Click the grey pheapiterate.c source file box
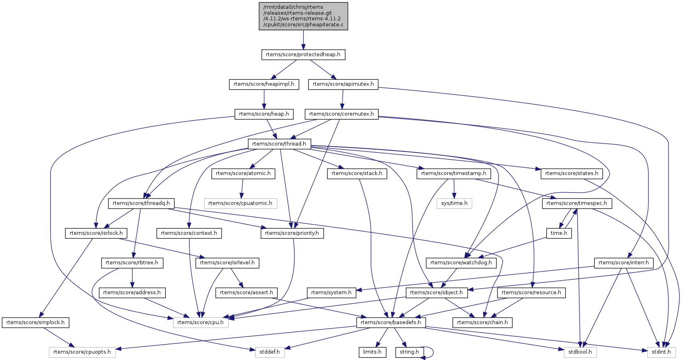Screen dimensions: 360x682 pyautogui.click(x=303, y=16)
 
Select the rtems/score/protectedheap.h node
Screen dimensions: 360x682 pyautogui.click(x=303, y=55)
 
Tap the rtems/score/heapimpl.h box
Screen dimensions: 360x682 pyautogui.click(x=263, y=84)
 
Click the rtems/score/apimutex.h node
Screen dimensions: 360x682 pyautogui.click(x=343, y=84)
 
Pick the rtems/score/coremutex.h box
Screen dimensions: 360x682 pyautogui.click(x=342, y=114)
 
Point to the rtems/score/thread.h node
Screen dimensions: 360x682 pyautogui.click(x=279, y=144)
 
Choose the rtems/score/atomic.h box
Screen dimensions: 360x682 pyautogui.click(x=243, y=173)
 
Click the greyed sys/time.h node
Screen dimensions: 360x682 pyautogui.click(x=454, y=203)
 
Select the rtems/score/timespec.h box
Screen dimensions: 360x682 pyautogui.click(x=576, y=203)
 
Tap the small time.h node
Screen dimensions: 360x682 pyautogui.click(x=559, y=233)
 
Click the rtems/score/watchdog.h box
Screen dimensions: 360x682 pyautogui.click(x=461, y=263)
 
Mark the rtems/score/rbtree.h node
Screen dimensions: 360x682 pyautogui.click(x=132, y=263)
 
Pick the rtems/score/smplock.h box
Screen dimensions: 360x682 pyautogui.click(x=35, y=323)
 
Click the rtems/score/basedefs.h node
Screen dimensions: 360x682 pyautogui.click(x=391, y=323)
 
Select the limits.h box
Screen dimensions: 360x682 pyautogui.click(x=372, y=352)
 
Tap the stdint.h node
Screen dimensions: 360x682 pyautogui.click(x=661, y=352)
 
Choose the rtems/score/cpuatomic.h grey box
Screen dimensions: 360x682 pyautogui.click(x=240, y=203)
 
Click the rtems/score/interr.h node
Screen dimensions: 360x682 pyautogui.click(x=624, y=263)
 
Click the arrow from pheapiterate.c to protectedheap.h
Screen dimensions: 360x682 pyautogui.click(x=303, y=39)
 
